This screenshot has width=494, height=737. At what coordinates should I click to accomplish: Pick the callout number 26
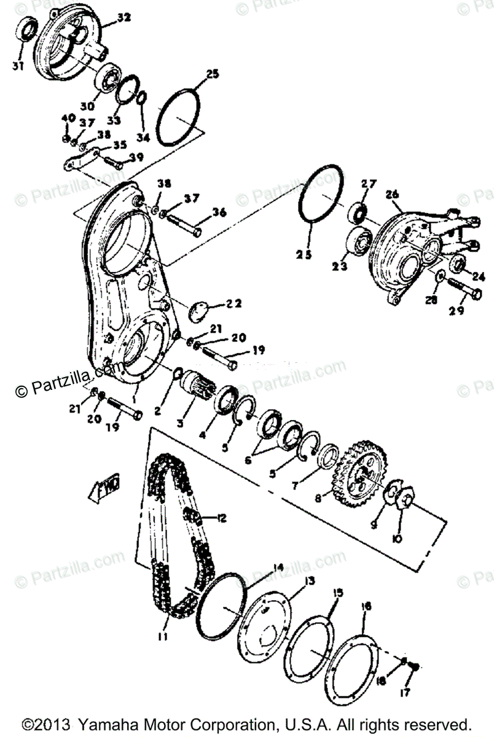tap(391, 195)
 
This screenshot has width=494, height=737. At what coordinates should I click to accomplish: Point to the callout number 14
tap(278, 568)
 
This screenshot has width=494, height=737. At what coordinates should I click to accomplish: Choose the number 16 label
tap(367, 607)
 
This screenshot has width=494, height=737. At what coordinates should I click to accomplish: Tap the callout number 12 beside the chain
tap(219, 518)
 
